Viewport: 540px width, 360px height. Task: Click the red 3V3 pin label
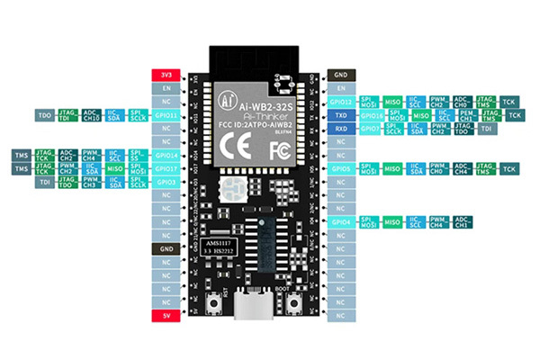pos(166,76)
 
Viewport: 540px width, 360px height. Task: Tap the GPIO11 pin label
pos(166,116)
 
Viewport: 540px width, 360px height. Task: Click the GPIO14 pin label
pos(166,155)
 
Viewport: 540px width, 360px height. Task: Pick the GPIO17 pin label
pos(166,168)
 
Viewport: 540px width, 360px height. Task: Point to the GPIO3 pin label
pos(166,182)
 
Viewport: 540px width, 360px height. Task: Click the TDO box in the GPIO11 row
pos(43,116)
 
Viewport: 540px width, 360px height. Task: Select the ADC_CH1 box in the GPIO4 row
pos(462,221)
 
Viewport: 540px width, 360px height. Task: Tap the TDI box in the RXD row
pos(486,129)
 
